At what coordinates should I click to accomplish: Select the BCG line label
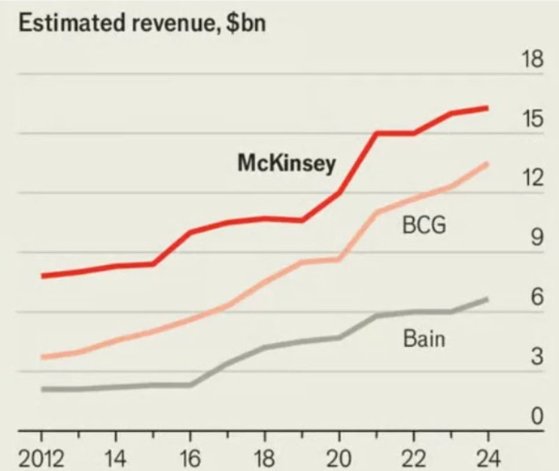click(x=424, y=226)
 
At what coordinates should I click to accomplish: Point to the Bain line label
click(x=424, y=339)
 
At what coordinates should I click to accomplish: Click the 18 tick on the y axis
click(x=531, y=59)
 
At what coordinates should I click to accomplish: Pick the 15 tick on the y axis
click(x=531, y=119)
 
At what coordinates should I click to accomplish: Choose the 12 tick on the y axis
click(x=531, y=178)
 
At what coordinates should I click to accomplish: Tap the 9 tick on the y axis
click(x=536, y=238)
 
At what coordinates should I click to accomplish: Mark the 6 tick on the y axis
click(x=536, y=297)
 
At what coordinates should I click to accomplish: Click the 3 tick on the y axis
click(x=536, y=357)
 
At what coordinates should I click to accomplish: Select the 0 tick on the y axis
click(x=536, y=416)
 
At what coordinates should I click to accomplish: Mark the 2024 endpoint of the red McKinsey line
click(x=488, y=108)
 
